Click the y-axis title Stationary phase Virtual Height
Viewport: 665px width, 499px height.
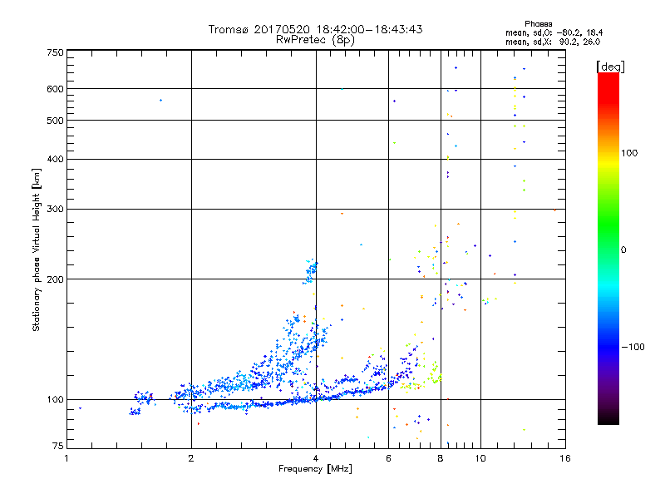pos(37,249)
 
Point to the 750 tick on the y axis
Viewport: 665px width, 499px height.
pos(55,52)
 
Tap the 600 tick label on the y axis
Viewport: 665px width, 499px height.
pos(55,89)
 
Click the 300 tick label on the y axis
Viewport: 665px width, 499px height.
pos(55,209)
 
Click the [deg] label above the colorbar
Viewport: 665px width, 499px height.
pos(611,66)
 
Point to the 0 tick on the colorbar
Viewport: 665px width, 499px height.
pos(623,249)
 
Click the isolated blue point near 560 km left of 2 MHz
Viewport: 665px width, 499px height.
pos(160,100)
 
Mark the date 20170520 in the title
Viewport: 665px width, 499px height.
pos(287,29)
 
